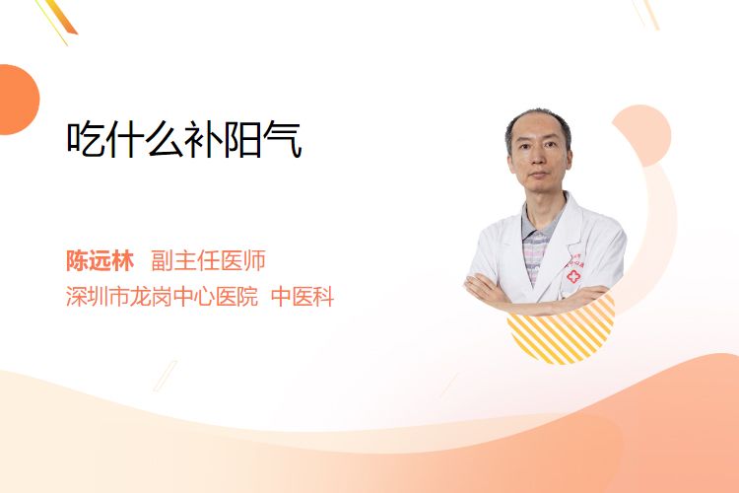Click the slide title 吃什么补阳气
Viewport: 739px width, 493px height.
coord(184,139)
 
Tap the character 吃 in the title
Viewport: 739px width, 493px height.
coord(86,139)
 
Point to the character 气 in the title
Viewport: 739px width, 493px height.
coord(283,139)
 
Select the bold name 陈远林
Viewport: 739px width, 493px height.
coord(100,260)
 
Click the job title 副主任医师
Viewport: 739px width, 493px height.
coord(208,260)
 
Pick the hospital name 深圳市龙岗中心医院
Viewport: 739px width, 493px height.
coord(163,297)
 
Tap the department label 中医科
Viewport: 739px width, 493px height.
coord(302,297)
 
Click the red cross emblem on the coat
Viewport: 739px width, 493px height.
coord(573,276)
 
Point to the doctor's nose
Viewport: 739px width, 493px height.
coord(538,160)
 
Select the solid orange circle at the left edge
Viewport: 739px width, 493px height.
coord(18,100)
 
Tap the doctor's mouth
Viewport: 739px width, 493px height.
coord(538,176)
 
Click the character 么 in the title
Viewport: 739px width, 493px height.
coord(164,139)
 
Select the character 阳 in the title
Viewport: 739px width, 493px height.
coord(242,139)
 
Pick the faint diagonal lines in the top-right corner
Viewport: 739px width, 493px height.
coord(646,14)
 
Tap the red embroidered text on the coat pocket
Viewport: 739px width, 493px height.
coord(575,262)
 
